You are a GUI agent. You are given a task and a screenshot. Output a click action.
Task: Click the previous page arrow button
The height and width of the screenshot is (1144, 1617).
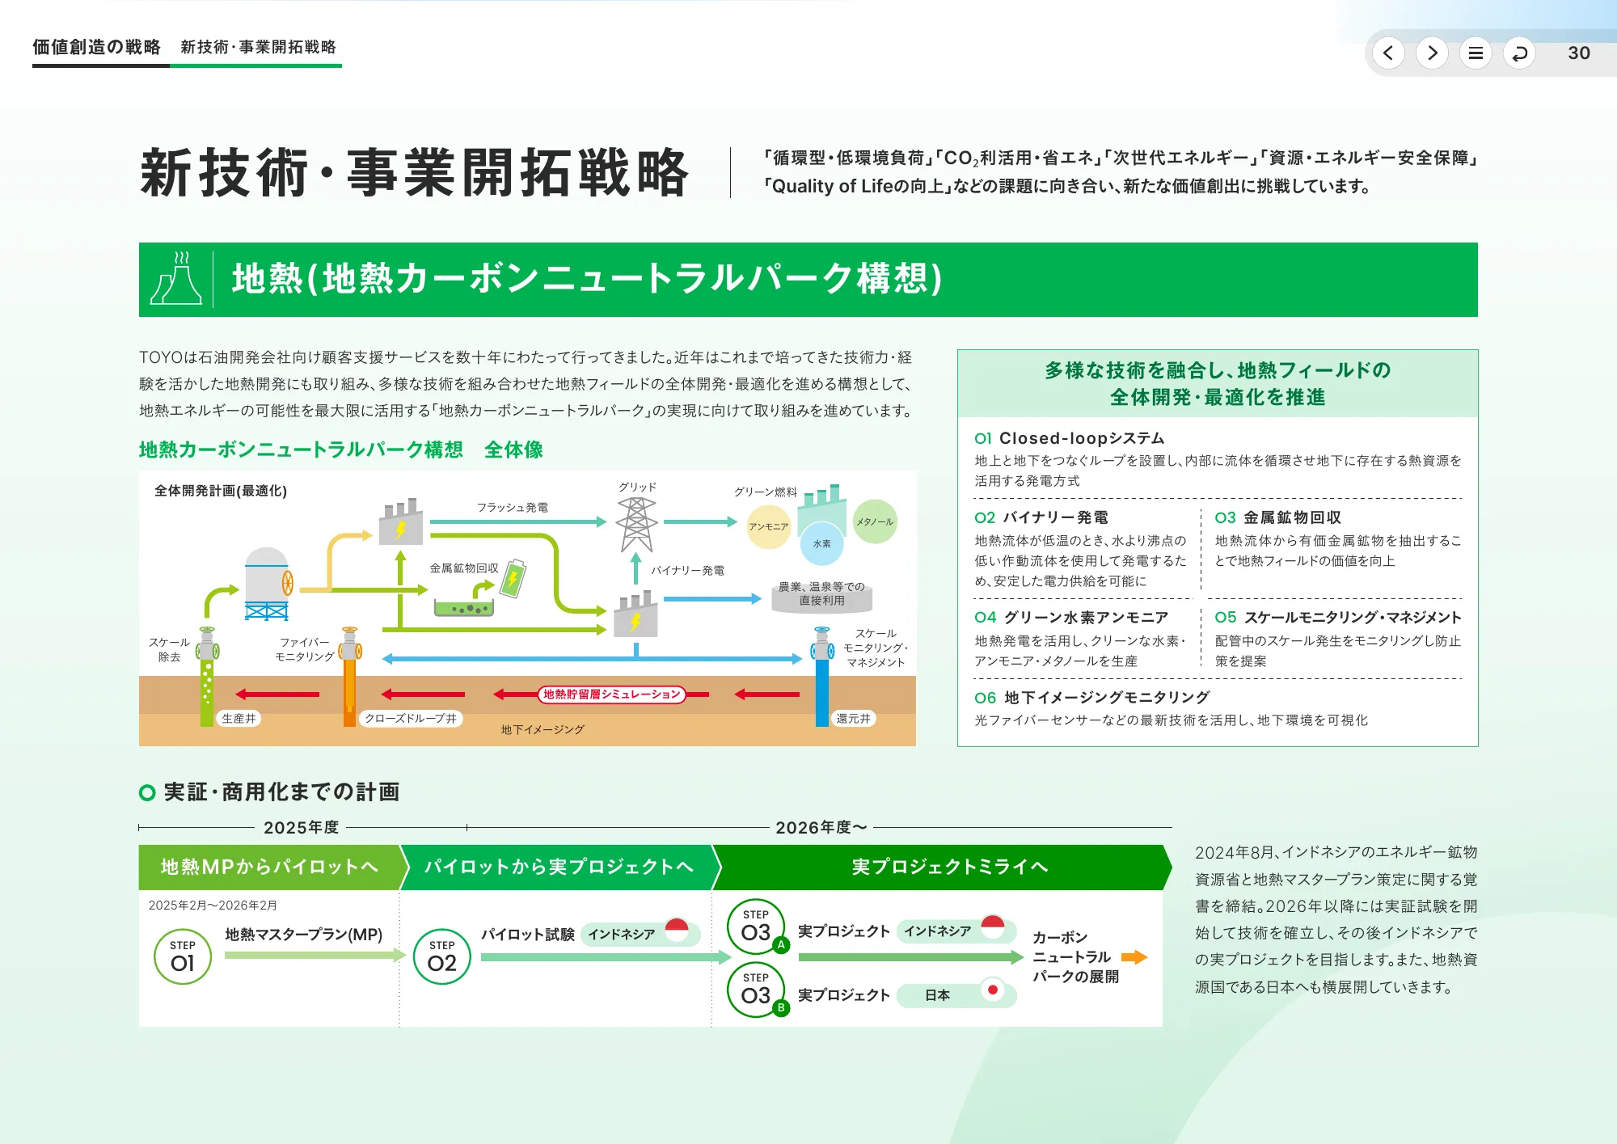[1388, 53]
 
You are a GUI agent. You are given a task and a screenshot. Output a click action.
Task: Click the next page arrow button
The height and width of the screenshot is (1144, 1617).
[1432, 53]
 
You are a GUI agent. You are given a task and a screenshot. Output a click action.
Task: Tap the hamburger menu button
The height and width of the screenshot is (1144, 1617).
[1476, 53]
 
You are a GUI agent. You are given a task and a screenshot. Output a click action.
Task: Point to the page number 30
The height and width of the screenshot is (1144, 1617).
[1578, 53]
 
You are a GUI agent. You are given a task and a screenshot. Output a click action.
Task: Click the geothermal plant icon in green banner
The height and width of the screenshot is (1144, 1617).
[176, 279]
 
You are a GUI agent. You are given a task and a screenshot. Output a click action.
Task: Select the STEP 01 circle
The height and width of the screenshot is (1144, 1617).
[183, 956]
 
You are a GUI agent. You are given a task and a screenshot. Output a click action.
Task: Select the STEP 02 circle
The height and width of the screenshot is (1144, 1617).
[441, 956]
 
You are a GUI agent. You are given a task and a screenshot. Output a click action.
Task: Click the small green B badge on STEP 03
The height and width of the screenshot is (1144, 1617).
[780, 1007]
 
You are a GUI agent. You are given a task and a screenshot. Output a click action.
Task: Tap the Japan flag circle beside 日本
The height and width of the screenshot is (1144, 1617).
[992, 990]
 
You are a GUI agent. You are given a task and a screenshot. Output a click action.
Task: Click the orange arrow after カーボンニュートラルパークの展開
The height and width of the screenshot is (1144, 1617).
[1134, 957]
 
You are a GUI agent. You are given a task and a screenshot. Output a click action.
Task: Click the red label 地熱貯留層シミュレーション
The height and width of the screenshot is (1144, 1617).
[611, 694]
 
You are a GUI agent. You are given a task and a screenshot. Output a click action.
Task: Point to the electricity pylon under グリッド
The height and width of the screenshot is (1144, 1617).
[636, 525]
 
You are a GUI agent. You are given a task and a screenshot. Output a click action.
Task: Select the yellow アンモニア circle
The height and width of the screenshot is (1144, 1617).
[768, 526]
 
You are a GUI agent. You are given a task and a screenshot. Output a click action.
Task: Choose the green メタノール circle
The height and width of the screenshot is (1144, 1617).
[874, 521]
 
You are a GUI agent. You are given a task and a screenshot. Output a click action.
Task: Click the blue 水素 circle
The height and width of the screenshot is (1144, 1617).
[821, 544]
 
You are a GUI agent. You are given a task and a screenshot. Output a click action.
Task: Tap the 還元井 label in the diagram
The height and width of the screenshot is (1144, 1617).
[853, 718]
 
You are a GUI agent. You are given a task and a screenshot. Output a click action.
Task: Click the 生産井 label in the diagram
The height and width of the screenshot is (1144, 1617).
[239, 718]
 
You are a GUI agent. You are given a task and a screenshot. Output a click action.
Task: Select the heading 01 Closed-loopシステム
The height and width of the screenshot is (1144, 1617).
[1069, 438]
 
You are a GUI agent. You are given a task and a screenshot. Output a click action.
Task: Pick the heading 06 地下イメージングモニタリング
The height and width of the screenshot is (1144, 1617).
[1091, 697]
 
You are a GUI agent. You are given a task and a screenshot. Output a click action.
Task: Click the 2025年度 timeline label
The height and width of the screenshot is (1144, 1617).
[301, 827]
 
